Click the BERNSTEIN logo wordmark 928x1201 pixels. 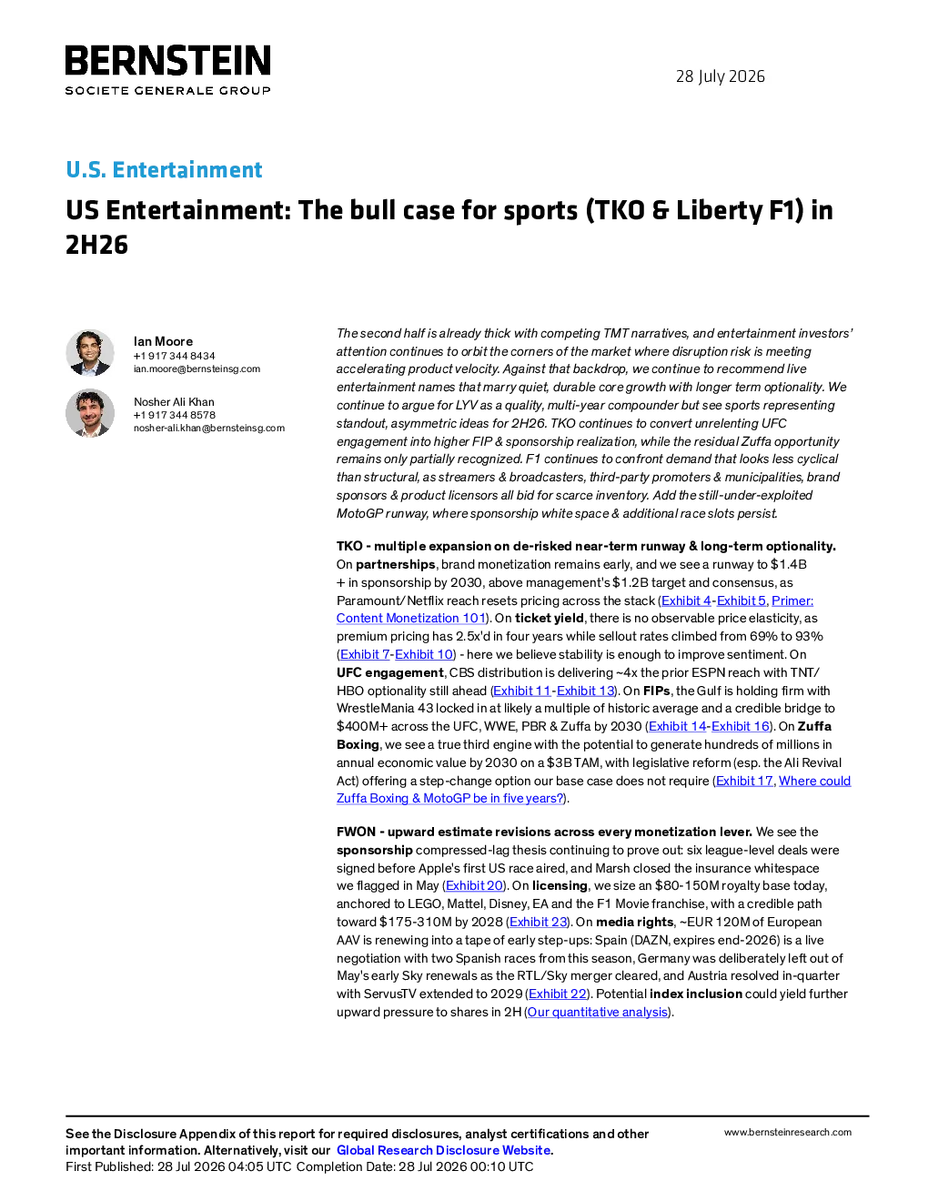point(167,60)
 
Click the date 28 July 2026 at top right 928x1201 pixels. point(720,76)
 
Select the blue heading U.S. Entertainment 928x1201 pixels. point(164,169)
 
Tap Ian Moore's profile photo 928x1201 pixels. point(89,353)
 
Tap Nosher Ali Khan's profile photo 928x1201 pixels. point(89,413)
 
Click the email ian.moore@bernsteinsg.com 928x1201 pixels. point(197,368)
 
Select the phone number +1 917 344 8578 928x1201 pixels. point(174,415)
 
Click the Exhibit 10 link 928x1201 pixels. point(423,654)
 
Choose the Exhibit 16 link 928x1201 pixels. point(740,726)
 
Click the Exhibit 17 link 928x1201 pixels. point(744,781)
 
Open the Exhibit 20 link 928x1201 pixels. point(474,885)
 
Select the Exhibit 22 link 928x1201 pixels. point(557,994)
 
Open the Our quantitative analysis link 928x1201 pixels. point(598,1012)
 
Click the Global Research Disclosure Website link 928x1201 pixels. point(444,1150)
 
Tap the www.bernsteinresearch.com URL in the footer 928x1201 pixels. point(788,1133)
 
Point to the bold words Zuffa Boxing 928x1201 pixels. point(585,735)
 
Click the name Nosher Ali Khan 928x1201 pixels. point(174,402)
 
